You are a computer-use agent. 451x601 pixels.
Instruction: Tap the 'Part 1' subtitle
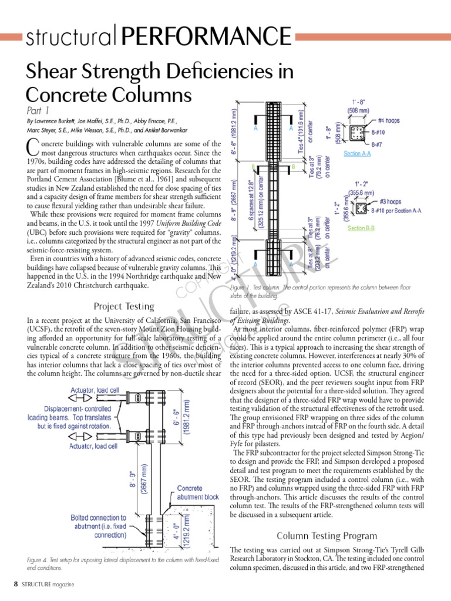(38, 110)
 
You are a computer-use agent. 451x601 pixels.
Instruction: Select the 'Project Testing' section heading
(124, 306)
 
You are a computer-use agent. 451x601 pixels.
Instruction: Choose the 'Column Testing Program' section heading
(327, 535)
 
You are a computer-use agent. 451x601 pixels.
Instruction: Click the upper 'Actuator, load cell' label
(95, 390)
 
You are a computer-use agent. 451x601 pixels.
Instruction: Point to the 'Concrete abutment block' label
(197, 492)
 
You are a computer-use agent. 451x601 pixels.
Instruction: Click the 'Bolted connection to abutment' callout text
(98, 526)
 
